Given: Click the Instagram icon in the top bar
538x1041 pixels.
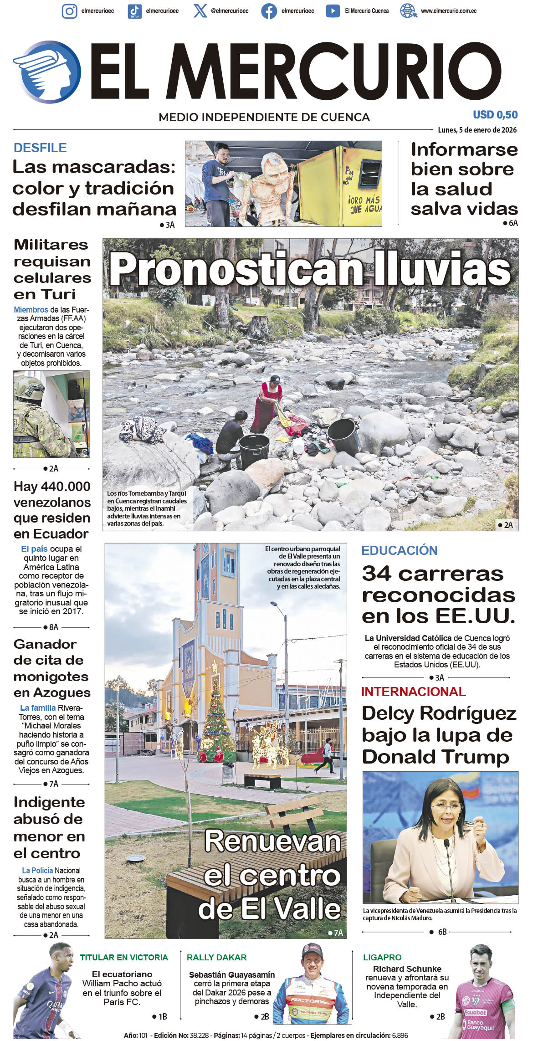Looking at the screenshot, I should (69, 11).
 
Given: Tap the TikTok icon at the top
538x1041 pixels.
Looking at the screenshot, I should (134, 11).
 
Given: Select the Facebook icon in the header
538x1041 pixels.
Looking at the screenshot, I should (269, 11).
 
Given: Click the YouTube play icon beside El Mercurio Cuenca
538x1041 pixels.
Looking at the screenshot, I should (333, 11).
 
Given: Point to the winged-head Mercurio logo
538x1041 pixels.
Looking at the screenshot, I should (47, 72).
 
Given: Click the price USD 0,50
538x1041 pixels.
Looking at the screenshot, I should (495, 115).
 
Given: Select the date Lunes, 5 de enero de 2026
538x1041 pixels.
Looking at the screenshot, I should (477, 130).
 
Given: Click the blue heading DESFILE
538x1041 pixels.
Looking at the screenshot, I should (40, 148).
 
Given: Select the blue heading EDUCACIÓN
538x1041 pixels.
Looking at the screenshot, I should (399, 550).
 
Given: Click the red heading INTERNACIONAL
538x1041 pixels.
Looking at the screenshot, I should (413, 692).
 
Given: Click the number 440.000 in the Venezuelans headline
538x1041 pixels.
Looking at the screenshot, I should (65, 487).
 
